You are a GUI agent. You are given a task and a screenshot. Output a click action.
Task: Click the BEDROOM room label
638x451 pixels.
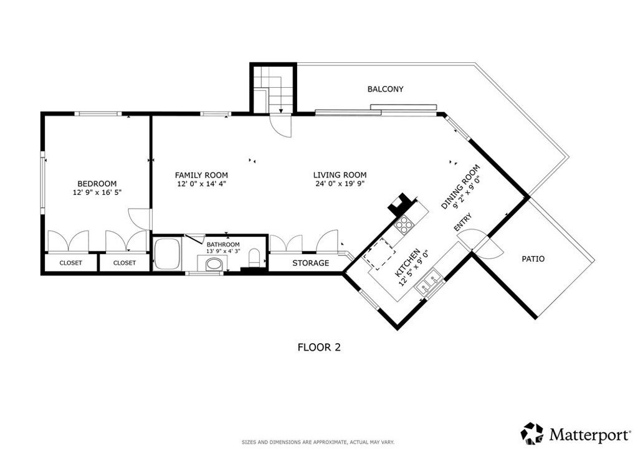click(97, 184)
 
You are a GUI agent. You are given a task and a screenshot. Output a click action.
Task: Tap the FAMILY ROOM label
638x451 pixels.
click(201, 175)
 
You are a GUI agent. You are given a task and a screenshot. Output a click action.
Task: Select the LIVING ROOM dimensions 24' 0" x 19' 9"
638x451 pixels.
click(340, 183)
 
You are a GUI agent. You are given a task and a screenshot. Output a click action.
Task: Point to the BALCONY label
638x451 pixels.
click(385, 89)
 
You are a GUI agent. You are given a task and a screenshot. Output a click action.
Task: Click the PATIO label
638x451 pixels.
click(533, 259)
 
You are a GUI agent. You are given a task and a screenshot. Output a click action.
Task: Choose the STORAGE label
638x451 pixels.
click(311, 263)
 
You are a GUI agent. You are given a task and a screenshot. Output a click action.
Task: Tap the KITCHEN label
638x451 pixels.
click(407, 263)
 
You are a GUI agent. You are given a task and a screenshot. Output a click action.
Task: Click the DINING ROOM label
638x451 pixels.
click(460, 187)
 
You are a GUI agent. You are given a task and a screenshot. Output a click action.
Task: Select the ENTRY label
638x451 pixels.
click(463, 222)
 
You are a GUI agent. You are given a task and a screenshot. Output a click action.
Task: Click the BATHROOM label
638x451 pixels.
click(223, 244)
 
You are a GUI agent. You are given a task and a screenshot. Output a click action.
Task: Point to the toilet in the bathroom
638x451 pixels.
click(254, 258)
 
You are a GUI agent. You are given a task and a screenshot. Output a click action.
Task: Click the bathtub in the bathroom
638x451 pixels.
click(167, 254)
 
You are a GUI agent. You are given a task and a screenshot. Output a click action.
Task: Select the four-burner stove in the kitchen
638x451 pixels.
click(404, 224)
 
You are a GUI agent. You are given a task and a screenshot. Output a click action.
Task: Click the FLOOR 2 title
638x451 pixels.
click(320, 348)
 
